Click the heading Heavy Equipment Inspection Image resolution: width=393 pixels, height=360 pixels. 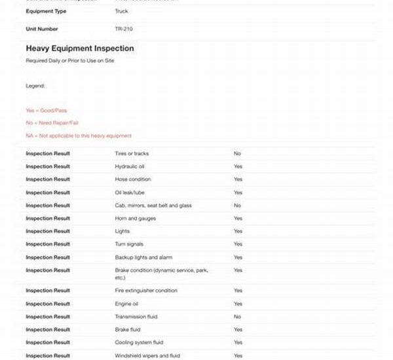(80, 48)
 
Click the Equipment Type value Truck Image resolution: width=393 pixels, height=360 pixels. (121, 12)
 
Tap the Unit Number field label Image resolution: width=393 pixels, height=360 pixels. (42, 29)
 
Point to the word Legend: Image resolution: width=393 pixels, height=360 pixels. (35, 86)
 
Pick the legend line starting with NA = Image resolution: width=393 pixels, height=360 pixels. (79, 135)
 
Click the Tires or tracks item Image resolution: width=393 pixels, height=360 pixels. (132, 154)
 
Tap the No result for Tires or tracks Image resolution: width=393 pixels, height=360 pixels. (237, 154)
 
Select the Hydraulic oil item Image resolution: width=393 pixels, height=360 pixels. (129, 166)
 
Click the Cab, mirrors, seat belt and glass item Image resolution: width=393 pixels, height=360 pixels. (153, 206)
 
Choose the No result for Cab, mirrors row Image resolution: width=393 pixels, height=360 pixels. (237, 206)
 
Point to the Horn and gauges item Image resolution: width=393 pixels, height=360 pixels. (135, 219)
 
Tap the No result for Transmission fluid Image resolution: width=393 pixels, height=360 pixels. (237, 317)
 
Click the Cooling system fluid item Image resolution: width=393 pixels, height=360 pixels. (139, 342)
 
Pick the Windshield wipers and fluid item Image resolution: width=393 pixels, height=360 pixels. (147, 355)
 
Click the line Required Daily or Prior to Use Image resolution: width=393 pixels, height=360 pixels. (70, 60)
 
